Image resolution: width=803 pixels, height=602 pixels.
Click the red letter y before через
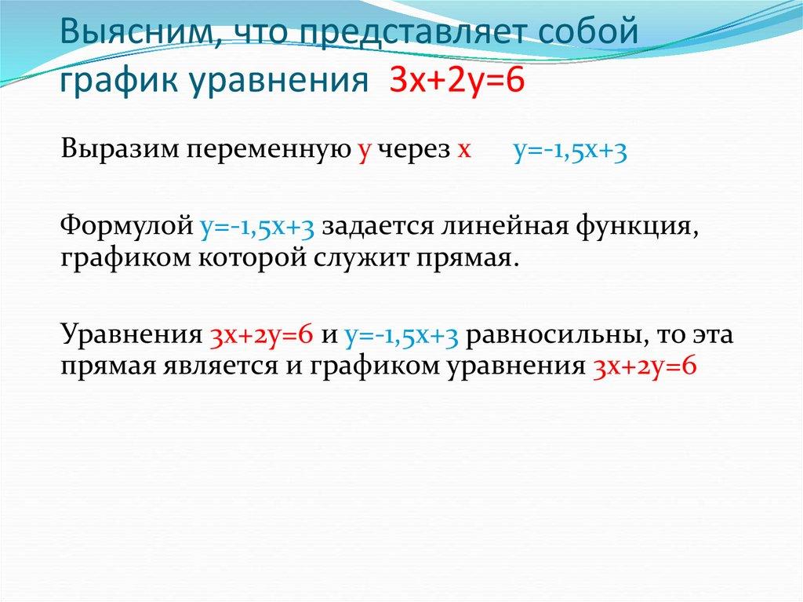coord(363,152)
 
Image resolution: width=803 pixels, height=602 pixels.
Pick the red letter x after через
coord(463,152)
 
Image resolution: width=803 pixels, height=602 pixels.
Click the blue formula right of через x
coord(570,152)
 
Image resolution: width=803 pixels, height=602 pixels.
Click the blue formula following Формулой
coord(256,227)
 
